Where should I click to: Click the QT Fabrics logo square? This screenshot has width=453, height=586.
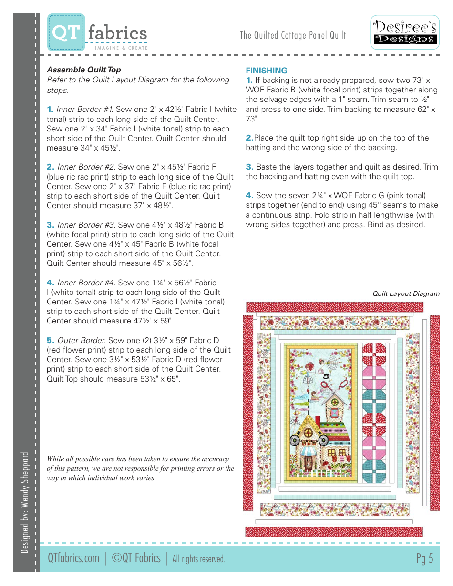tap(66, 32)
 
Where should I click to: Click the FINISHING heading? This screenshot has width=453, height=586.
tap(266, 71)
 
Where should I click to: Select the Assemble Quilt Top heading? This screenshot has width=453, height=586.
tap(83, 70)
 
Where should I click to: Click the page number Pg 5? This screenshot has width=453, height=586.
tap(424, 558)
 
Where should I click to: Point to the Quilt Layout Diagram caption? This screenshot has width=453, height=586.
tap(406, 293)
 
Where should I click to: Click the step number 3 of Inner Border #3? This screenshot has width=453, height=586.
tap(50, 225)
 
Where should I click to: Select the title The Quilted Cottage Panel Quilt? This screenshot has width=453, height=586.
tap(293, 35)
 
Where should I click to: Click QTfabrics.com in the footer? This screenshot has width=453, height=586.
tap(73, 558)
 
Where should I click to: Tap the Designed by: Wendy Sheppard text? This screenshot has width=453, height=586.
tap(26, 502)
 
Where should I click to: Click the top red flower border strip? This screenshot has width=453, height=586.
tap(334, 307)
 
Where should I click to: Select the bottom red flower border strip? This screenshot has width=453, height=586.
tap(334, 532)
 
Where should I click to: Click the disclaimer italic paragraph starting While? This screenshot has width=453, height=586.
tap(140, 468)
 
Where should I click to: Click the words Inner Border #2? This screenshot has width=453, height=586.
tap(86, 167)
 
